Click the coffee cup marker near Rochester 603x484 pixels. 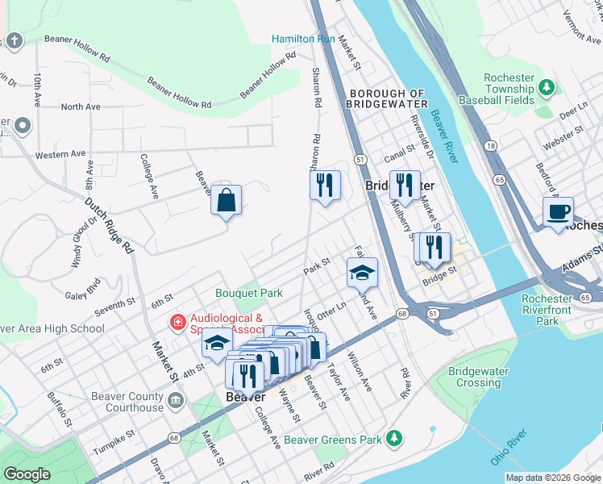pyautogui.click(x=558, y=212)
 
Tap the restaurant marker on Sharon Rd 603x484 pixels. pyautogui.click(x=325, y=186)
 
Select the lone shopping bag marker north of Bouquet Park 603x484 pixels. pyautogui.click(x=227, y=198)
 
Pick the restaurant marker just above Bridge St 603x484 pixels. pyautogui.click(x=435, y=248)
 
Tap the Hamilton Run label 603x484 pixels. pyautogui.click(x=302, y=39)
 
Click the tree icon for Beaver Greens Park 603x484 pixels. pyautogui.click(x=393, y=438)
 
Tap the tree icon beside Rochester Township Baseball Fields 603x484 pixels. pyautogui.click(x=547, y=86)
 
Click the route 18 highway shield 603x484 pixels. pyautogui.click(x=490, y=145)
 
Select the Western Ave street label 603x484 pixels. pyautogui.click(x=60, y=153)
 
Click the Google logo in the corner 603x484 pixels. pyautogui.click(x=27, y=474)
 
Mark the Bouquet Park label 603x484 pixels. pyautogui.click(x=248, y=293)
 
